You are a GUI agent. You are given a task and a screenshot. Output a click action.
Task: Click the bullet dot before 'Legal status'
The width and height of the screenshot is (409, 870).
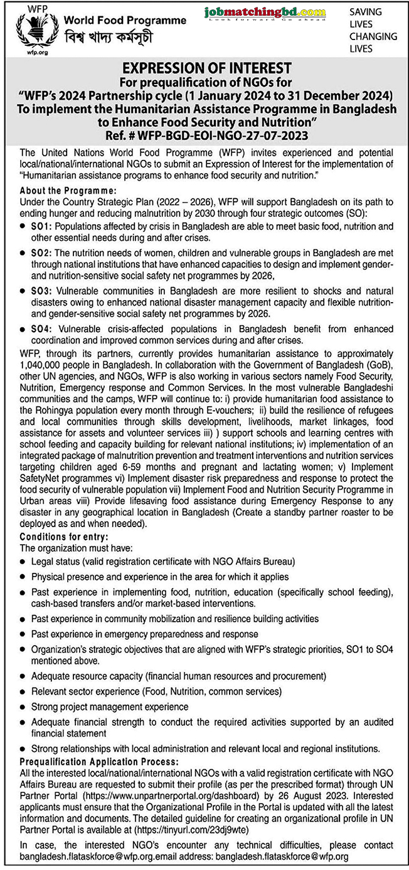click(23, 562)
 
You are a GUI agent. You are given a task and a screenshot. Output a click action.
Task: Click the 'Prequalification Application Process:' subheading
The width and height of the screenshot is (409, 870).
click(90, 761)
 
